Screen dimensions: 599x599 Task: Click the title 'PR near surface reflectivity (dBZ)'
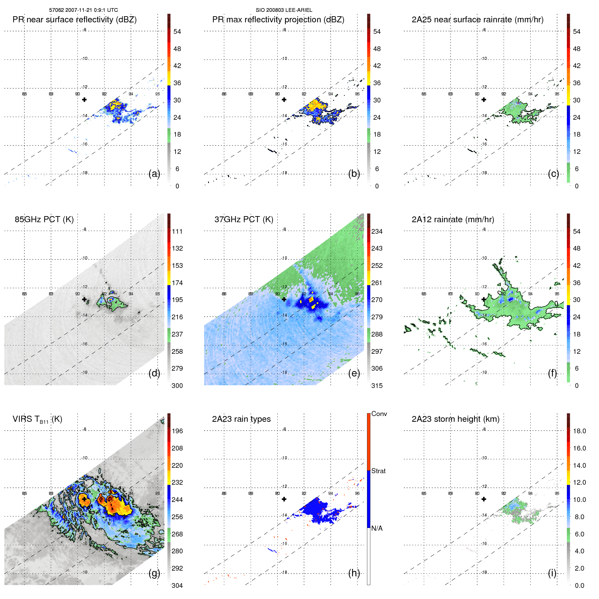(x=74, y=20)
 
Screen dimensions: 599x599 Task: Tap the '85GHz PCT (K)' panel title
(x=44, y=220)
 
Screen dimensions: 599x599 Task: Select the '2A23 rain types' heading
(x=241, y=419)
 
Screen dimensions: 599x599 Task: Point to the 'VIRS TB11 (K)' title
(x=37, y=419)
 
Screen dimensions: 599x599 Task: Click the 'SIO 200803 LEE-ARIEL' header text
(x=284, y=10)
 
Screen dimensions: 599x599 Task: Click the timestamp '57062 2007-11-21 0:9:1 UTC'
(x=84, y=10)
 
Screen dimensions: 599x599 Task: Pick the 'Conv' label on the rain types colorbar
(x=379, y=414)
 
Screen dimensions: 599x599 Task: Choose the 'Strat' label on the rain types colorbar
(x=378, y=471)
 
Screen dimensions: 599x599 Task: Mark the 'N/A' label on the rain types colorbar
(x=377, y=528)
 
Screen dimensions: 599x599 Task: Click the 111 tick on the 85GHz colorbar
(x=177, y=231)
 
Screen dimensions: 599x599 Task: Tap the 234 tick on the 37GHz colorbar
(x=377, y=231)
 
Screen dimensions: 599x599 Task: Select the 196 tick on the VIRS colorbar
(x=177, y=431)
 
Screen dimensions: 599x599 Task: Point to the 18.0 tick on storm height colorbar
(x=579, y=431)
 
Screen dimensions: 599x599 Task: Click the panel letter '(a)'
(x=154, y=174)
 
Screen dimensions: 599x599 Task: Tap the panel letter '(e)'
(x=354, y=373)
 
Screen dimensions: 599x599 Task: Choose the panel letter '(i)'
(x=552, y=573)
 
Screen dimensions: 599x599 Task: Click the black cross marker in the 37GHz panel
(x=284, y=299)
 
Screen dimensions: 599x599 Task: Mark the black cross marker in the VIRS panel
(x=84, y=499)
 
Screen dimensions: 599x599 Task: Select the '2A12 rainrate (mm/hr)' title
(x=453, y=220)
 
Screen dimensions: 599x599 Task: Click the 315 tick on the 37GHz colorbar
(x=377, y=386)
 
